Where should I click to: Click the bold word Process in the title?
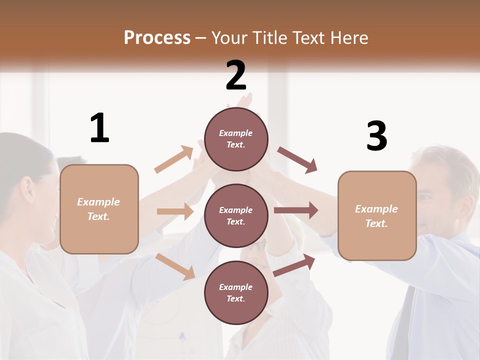[x=157, y=37]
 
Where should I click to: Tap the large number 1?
[x=99, y=128]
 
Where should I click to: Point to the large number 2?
[x=236, y=75]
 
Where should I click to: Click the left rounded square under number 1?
[x=99, y=208]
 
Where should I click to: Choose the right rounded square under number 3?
[x=377, y=215]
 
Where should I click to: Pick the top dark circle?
[x=236, y=138]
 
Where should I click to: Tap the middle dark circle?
[x=236, y=215]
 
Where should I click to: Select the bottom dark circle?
[x=236, y=292]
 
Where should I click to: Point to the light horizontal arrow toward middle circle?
[x=175, y=211]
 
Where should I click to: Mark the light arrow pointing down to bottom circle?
[x=175, y=266]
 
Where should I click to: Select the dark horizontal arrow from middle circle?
[x=295, y=210]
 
